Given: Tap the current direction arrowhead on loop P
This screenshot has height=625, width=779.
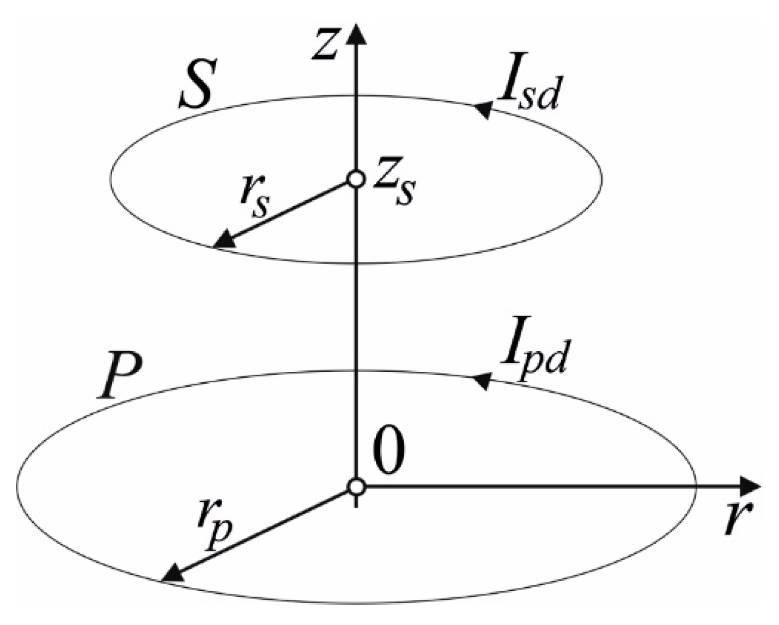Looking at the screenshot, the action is click(480, 380).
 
